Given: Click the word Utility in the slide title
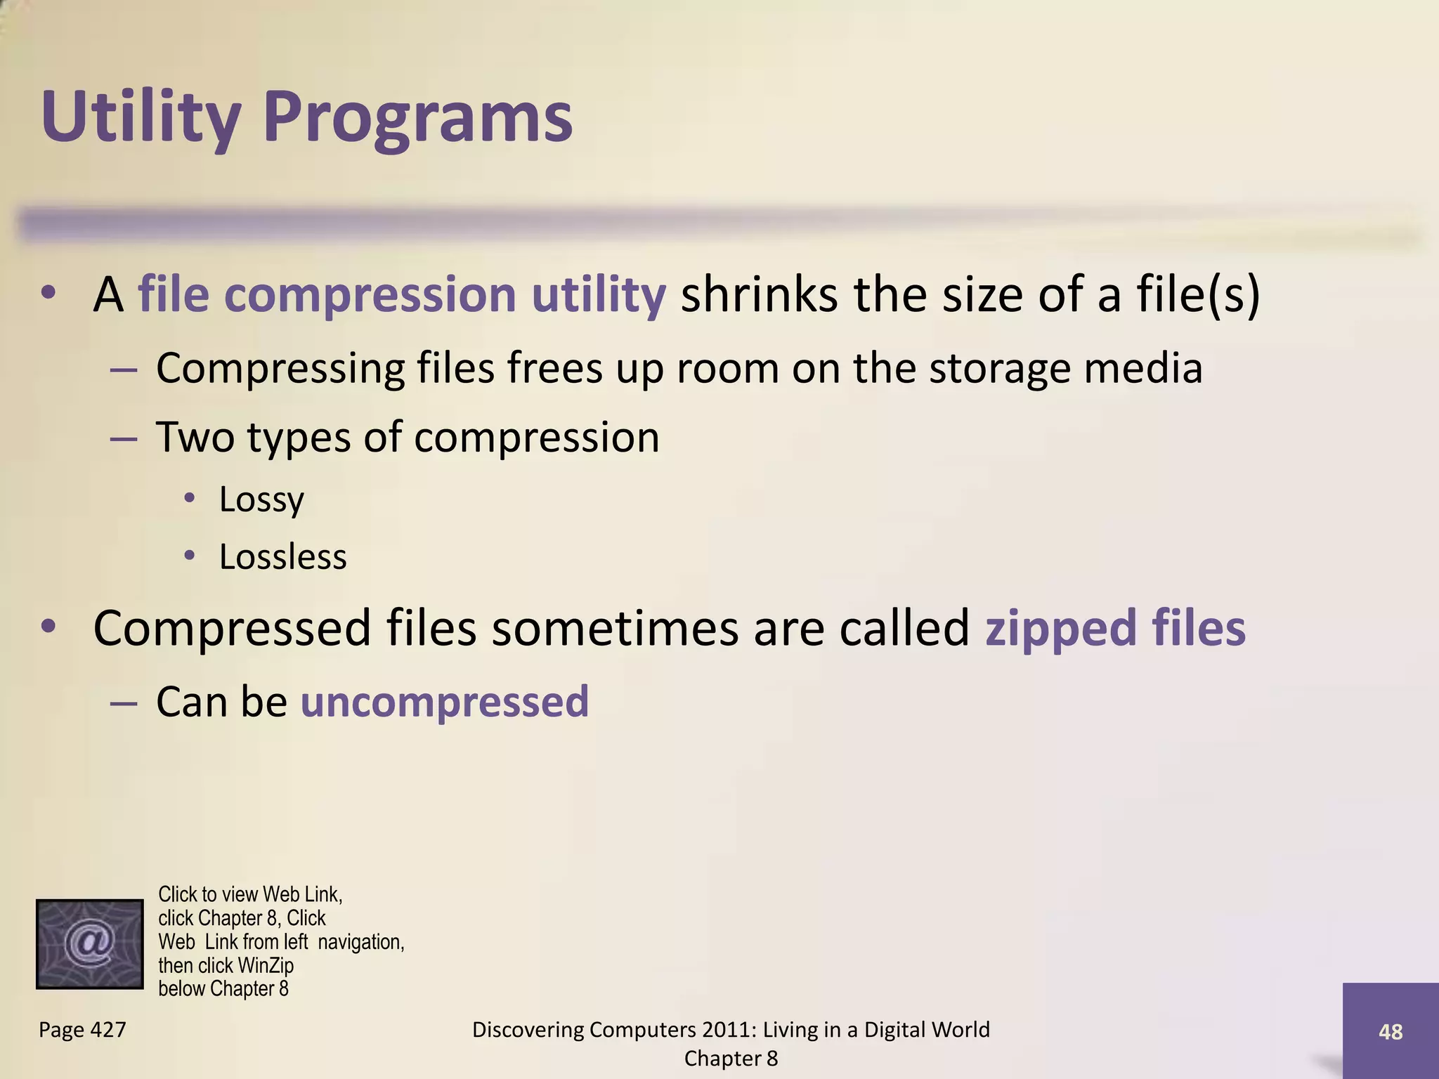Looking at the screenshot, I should coord(141,118).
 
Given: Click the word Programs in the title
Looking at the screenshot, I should coord(418,118).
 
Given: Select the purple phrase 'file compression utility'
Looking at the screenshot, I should coord(402,294).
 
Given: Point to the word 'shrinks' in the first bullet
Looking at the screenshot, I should coord(759,294).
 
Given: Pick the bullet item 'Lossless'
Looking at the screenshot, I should coord(282,557).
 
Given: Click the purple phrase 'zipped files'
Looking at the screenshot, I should coord(1115,629).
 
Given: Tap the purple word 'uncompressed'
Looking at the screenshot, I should coord(445,702).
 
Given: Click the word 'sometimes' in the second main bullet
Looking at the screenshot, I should coord(615,629).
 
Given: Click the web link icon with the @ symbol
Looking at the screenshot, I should coord(89,944).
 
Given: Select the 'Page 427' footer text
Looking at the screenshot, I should coord(82,1030).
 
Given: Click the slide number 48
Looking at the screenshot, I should coord(1391,1032).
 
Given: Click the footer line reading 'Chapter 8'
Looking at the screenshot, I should coord(731,1059).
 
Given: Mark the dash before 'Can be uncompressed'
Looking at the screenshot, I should coord(124,702).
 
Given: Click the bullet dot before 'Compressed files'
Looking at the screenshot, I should coord(48,627).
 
